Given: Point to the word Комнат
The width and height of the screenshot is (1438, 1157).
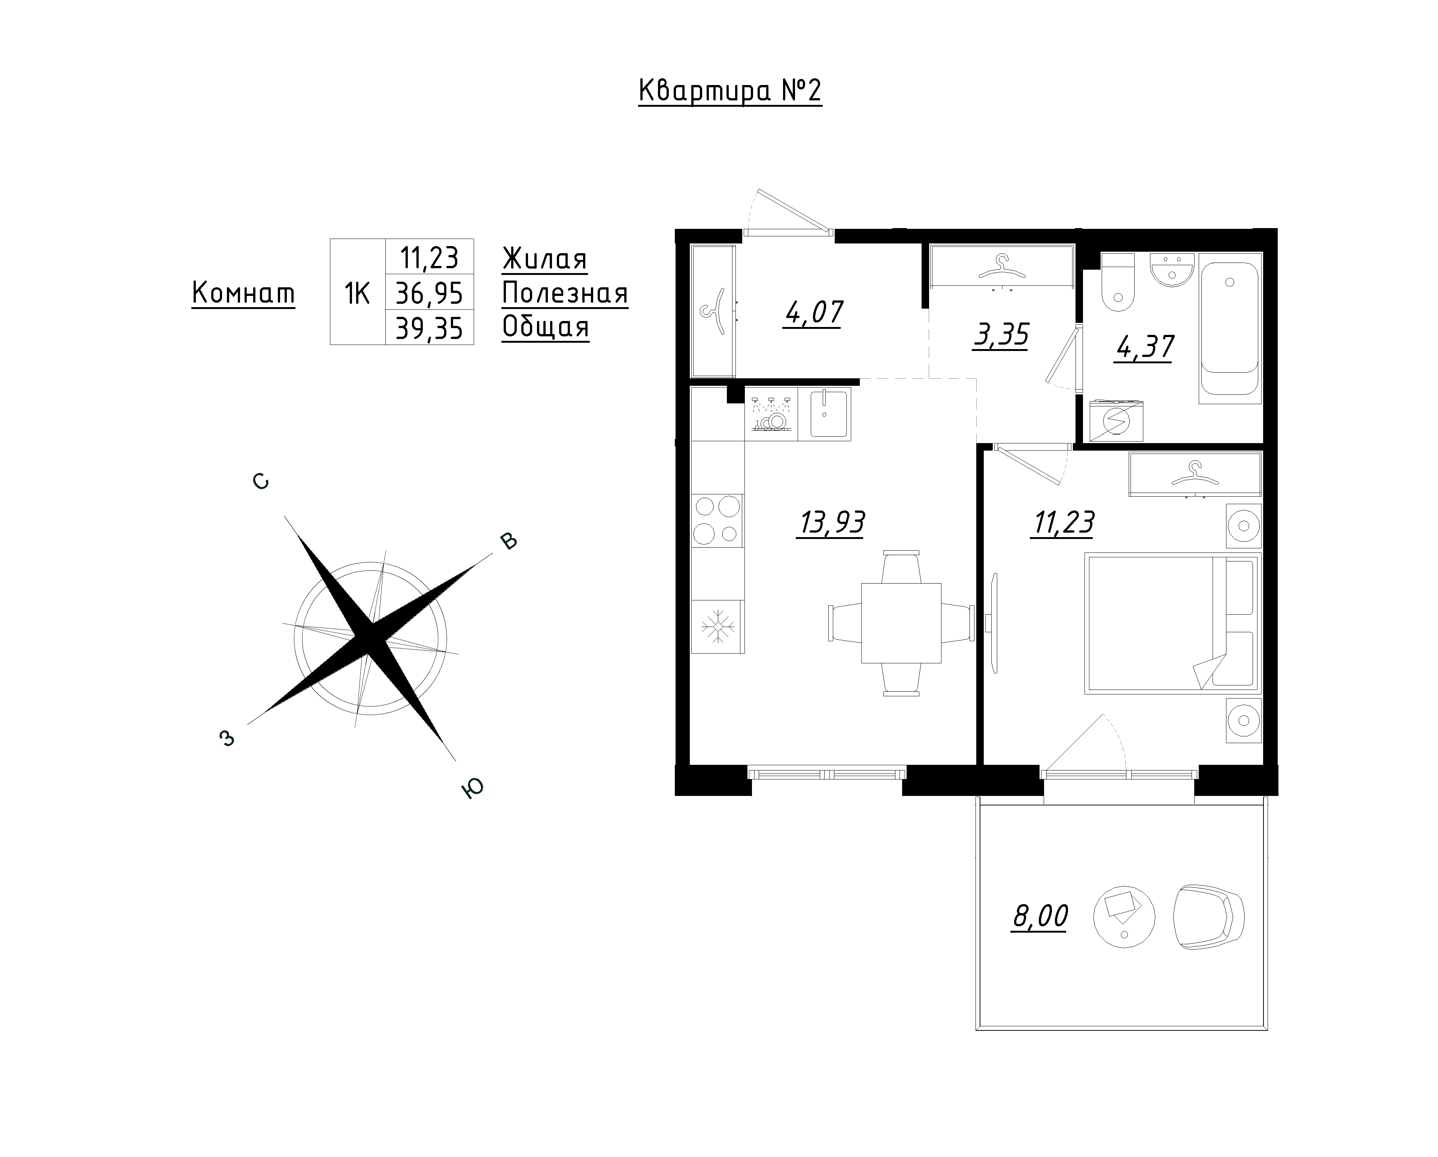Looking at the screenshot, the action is pyautogui.click(x=243, y=293).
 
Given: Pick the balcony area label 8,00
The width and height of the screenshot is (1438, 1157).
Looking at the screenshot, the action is pyautogui.click(x=1040, y=916).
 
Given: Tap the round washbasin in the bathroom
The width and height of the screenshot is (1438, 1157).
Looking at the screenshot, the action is pyautogui.click(x=1171, y=270).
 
